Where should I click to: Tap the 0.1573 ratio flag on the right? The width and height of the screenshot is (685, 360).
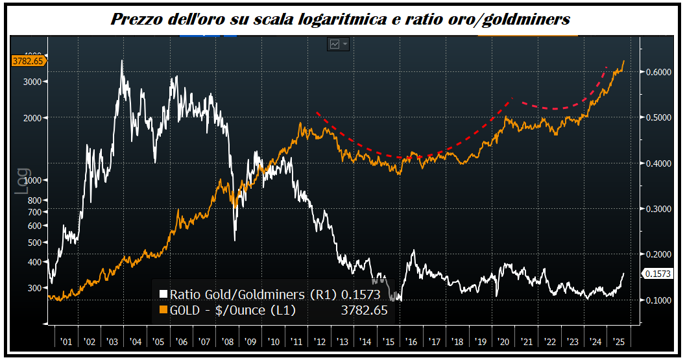coord(658,274)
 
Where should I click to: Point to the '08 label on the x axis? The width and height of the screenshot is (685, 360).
coord(228,341)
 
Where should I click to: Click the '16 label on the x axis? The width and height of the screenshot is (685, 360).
coord(411,341)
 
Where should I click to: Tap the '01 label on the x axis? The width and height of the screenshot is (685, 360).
coord(66,341)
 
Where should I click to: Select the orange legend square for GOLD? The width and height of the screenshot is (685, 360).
coord(163,310)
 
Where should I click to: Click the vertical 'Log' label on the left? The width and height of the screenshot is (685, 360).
coord(23,181)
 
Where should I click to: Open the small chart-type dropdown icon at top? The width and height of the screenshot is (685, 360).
coord(339,44)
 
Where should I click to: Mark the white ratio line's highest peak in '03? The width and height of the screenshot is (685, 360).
coord(122,61)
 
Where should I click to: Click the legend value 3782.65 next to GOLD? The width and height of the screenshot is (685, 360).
coord(364,310)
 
